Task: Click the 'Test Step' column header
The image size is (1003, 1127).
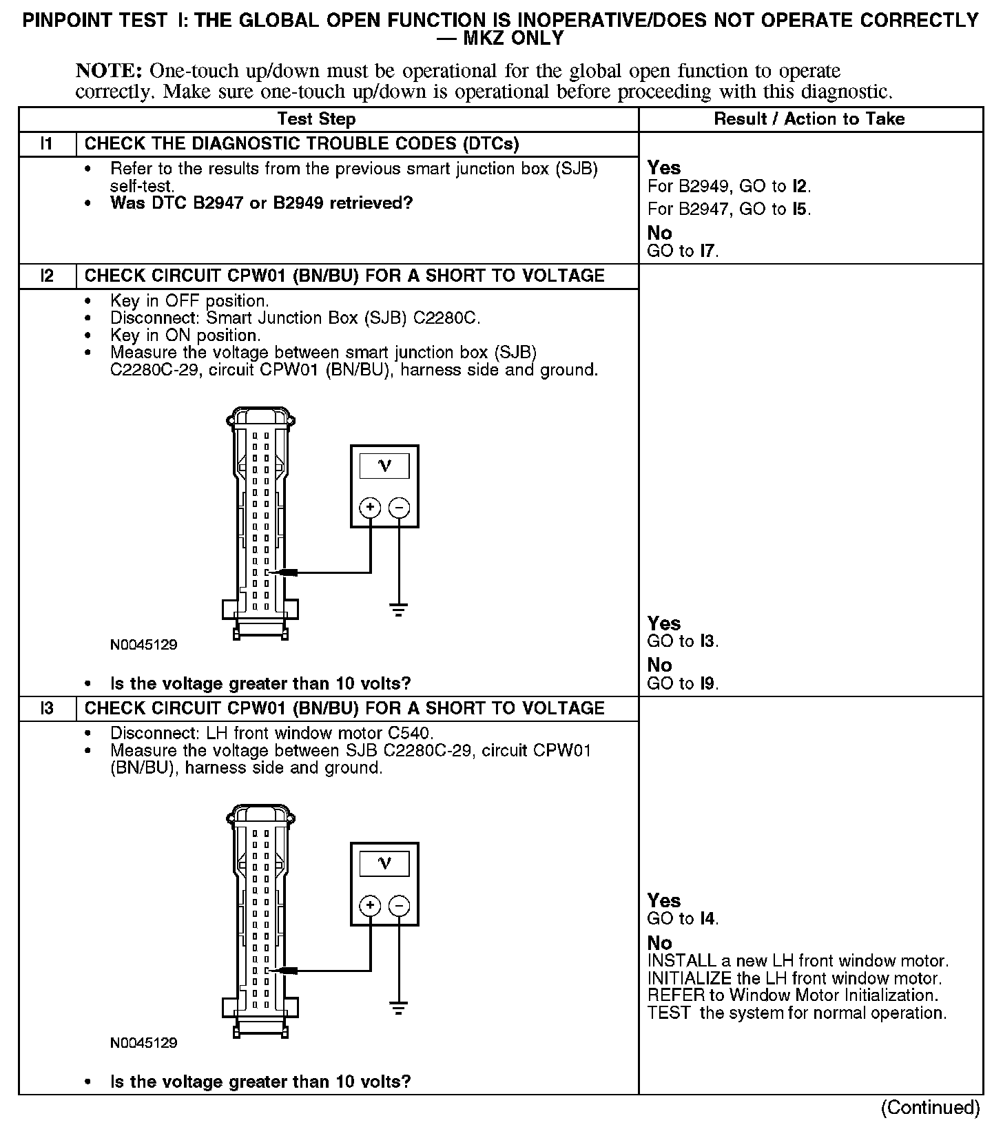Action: point(316,119)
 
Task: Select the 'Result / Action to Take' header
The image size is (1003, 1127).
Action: point(809,119)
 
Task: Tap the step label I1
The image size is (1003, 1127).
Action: point(47,144)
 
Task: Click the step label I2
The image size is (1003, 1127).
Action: point(47,276)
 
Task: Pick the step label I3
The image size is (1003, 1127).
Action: point(47,709)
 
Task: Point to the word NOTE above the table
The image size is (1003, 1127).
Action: point(109,71)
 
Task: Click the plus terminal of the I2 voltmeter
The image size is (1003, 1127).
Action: point(371,508)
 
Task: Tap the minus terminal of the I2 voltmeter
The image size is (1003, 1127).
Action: point(400,508)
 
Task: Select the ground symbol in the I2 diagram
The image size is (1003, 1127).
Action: point(399,609)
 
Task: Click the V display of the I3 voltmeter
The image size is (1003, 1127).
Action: point(384,864)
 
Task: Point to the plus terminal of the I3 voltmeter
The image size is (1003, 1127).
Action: point(371,905)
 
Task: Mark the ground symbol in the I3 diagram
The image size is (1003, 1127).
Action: point(399,1009)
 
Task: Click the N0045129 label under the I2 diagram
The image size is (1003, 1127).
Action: point(143,645)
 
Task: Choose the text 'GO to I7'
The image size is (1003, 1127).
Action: point(683,251)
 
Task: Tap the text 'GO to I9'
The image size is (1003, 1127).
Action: point(683,683)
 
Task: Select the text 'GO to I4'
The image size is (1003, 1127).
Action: point(683,918)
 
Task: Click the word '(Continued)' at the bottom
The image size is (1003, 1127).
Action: point(930,1107)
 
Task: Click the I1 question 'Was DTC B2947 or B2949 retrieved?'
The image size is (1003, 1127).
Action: point(261,203)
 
